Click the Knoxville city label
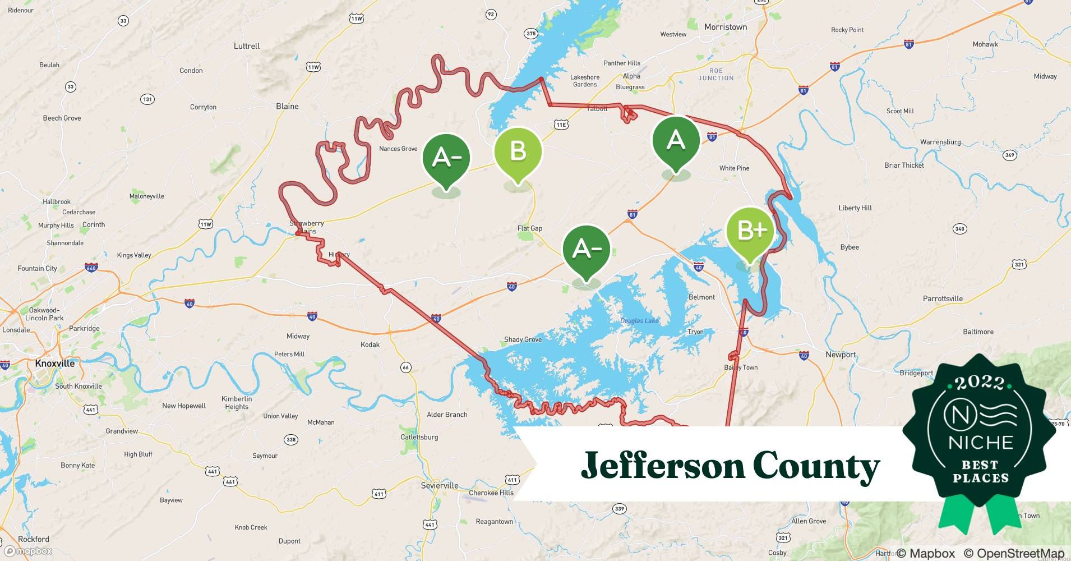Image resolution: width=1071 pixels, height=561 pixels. click(x=55, y=364)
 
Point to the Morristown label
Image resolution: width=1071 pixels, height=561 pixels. click(x=726, y=27)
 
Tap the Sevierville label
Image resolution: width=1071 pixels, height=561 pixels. click(x=440, y=485)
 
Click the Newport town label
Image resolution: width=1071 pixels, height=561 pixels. click(x=841, y=355)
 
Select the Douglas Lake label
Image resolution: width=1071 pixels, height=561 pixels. click(x=639, y=321)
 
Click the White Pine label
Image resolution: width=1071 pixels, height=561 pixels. click(x=734, y=168)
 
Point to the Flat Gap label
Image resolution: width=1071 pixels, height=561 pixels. click(x=529, y=228)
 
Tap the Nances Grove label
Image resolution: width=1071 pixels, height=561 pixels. click(x=398, y=149)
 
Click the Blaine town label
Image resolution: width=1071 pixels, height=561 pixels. click(x=287, y=107)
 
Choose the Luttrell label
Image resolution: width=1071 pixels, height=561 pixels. click(x=247, y=46)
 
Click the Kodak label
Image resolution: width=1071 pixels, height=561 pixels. click(x=370, y=344)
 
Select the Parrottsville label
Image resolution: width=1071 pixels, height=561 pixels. click(x=943, y=298)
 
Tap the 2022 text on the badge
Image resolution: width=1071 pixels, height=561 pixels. click(x=980, y=383)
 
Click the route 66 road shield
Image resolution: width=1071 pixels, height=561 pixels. click(x=405, y=367)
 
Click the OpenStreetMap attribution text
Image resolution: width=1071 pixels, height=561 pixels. click(x=1014, y=553)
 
